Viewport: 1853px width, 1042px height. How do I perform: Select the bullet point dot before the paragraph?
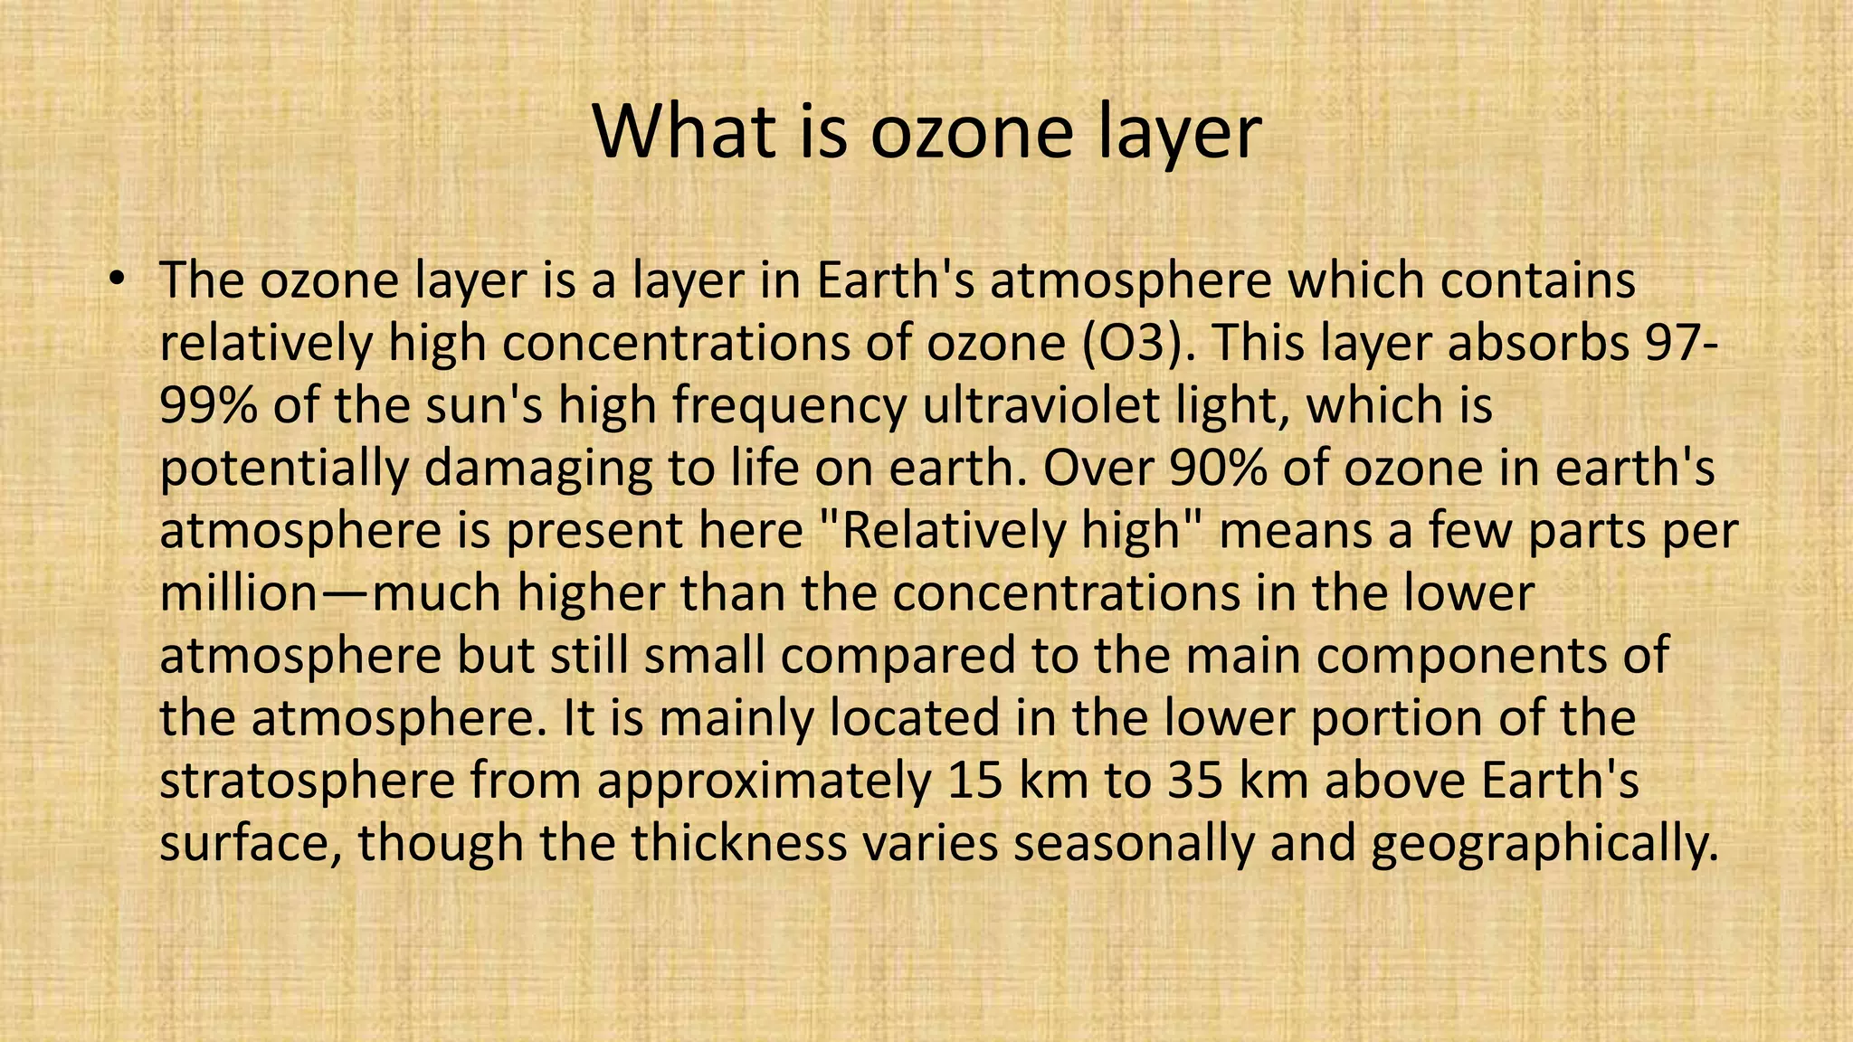[x=115, y=279]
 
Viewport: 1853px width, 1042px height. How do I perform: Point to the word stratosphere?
[x=307, y=781]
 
